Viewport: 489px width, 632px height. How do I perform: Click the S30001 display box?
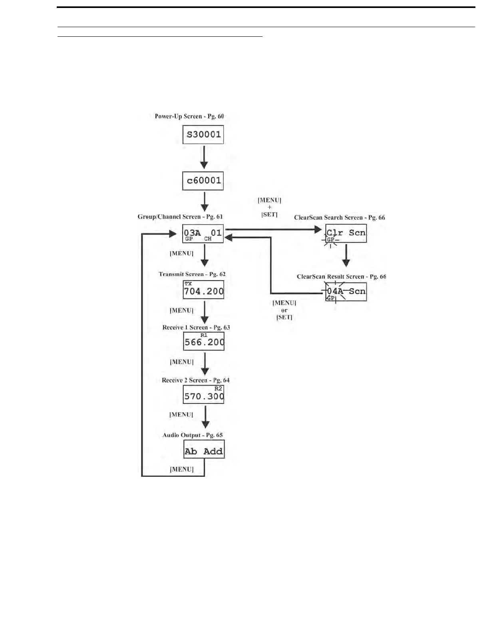tap(203, 134)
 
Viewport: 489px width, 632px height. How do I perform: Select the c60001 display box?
tap(203, 181)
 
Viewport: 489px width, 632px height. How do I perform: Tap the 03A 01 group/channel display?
tap(203, 234)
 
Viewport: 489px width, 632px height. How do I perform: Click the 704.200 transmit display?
tap(204, 290)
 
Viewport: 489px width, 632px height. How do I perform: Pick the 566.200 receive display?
tap(204, 341)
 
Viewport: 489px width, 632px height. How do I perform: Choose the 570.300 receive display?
tap(204, 395)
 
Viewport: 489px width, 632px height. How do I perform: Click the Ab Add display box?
tap(204, 449)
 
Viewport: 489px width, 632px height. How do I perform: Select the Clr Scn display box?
tap(346, 233)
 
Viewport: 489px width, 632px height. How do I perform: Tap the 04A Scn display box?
tap(346, 292)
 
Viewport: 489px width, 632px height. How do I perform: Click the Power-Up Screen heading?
tap(189, 117)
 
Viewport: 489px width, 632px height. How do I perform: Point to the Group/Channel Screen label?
tap(180, 217)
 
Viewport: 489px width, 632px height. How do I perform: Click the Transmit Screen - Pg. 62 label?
tap(192, 274)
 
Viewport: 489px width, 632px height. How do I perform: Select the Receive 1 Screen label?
tap(196, 328)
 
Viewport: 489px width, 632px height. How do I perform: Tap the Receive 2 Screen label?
tap(196, 380)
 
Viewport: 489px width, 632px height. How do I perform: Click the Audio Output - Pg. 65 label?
tap(193, 435)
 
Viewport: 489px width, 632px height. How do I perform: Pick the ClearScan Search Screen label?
tap(340, 217)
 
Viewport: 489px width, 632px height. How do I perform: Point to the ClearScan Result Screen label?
tap(341, 276)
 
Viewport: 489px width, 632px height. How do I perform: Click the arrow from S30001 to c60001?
tap(204, 158)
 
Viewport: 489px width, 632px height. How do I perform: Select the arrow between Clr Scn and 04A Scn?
tap(346, 255)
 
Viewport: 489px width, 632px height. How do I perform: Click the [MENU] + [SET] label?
tap(270, 207)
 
